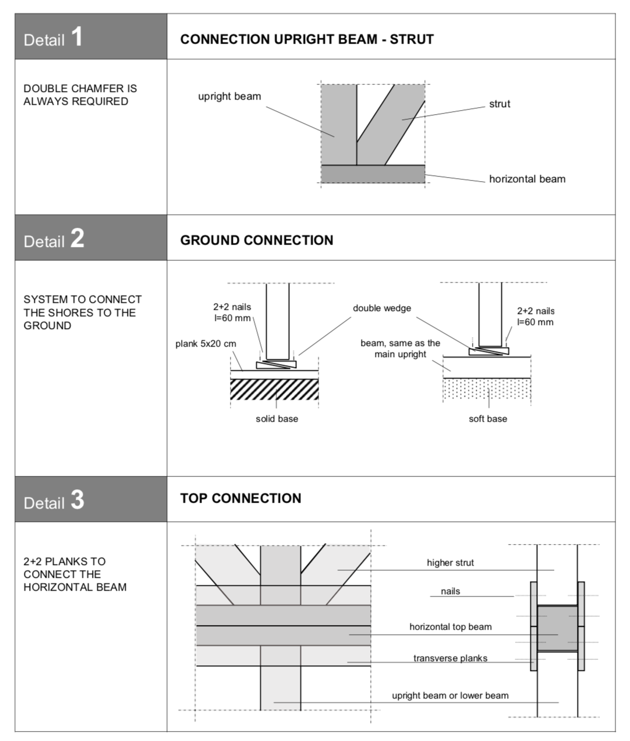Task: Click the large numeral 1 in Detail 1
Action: [x=77, y=37]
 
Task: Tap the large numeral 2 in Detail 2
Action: [x=77, y=238]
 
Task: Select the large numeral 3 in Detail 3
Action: [x=77, y=500]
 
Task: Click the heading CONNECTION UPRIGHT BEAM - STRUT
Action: [x=307, y=40]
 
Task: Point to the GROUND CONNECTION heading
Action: [x=256, y=241]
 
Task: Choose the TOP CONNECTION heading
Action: [x=240, y=499]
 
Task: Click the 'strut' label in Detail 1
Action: [x=499, y=104]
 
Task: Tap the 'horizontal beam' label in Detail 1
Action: [x=527, y=179]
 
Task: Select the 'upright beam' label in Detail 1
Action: [x=229, y=97]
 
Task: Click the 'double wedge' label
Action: [x=381, y=308]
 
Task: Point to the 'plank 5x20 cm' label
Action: [x=206, y=344]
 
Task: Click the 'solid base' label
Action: [x=277, y=419]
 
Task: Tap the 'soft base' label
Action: [x=487, y=419]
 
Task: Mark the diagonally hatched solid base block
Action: [x=274, y=389]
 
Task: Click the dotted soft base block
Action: [x=487, y=389]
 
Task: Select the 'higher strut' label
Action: [x=450, y=563]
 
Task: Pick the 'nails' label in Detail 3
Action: [x=450, y=591]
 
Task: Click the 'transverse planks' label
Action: [x=450, y=658]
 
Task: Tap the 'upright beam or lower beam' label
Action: [x=450, y=696]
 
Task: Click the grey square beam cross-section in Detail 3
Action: [x=557, y=628]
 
